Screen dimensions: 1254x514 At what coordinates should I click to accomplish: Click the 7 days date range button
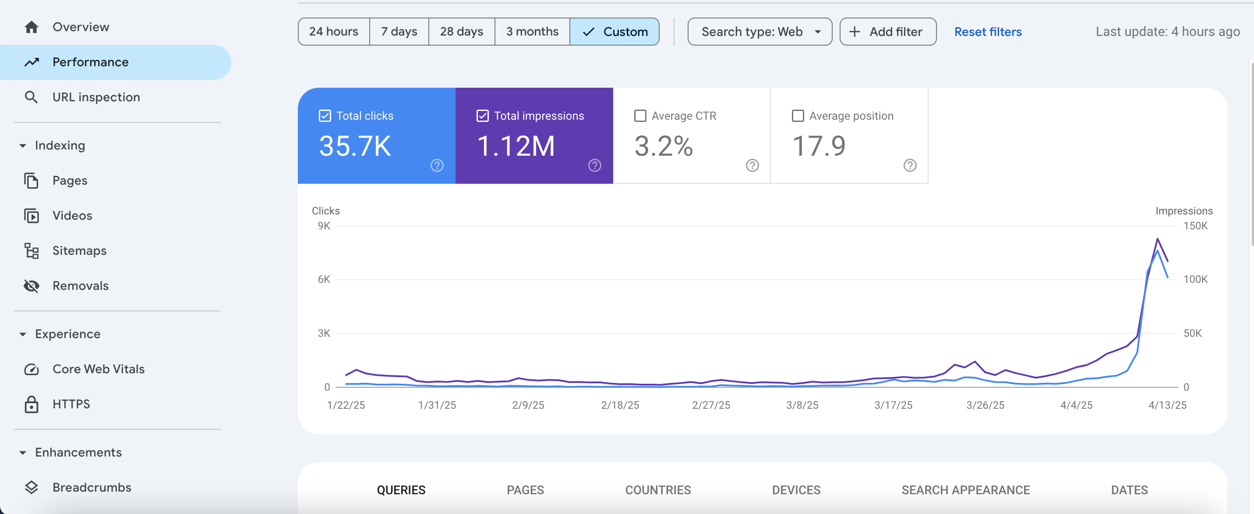(399, 32)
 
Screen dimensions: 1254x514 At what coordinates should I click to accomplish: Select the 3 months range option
(532, 32)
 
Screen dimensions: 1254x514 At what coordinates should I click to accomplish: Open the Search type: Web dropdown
(760, 32)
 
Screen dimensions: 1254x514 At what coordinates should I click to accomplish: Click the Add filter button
(888, 32)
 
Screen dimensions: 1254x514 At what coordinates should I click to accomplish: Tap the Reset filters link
(988, 32)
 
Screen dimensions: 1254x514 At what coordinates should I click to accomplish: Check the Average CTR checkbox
(640, 116)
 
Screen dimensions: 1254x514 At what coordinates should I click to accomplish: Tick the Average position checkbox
(798, 116)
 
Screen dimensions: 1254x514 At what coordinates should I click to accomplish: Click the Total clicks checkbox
(325, 116)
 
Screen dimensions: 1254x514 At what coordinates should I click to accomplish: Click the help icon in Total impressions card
(594, 166)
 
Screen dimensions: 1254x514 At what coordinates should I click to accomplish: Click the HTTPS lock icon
(32, 404)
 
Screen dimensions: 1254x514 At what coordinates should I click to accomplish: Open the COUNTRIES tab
(658, 490)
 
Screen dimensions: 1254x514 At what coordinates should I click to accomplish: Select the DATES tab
(1129, 490)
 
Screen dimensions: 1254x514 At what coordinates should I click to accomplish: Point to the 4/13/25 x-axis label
(1167, 405)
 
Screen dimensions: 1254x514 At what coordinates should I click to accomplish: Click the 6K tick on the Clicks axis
(324, 280)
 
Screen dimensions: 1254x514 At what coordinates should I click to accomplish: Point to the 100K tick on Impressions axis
(1196, 280)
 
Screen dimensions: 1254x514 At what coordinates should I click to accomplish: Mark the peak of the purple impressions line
(1157, 239)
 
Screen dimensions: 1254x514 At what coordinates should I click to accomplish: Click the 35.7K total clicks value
(355, 146)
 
